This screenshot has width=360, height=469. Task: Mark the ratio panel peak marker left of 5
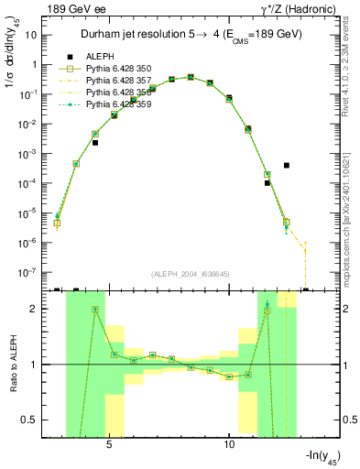pos(95,310)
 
